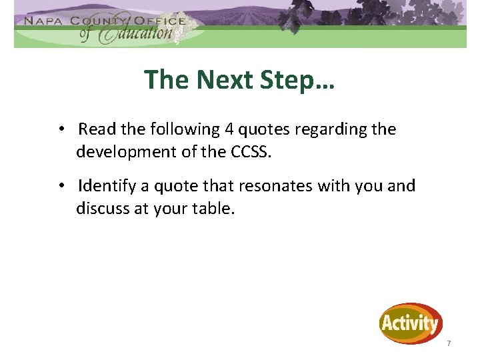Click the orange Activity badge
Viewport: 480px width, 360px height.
tap(411, 324)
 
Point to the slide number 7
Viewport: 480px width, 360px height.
tap(449, 343)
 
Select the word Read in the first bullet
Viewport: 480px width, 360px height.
tap(96, 129)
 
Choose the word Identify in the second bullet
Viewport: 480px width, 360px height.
tap(107, 185)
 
